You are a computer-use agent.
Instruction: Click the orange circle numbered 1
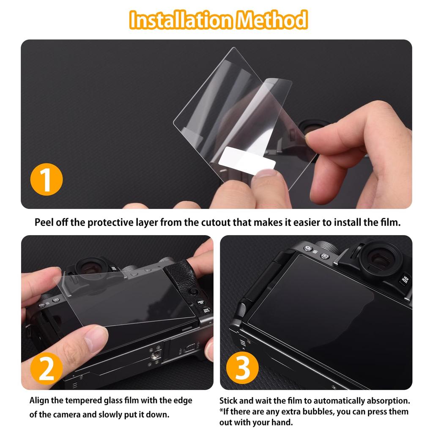(x=46, y=179)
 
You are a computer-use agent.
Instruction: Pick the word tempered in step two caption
(x=84, y=400)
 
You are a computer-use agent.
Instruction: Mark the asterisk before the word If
(x=221, y=411)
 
